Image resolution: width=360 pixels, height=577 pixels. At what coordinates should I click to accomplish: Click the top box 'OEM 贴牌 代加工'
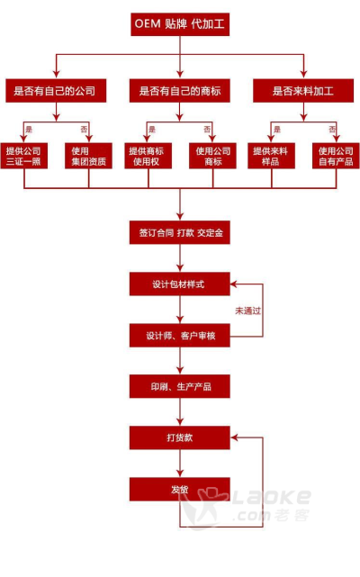click(180, 24)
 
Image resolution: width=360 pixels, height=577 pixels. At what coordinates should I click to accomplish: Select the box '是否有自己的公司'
click(56, 91)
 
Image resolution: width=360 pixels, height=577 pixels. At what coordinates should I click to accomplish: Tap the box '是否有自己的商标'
click(180, 91)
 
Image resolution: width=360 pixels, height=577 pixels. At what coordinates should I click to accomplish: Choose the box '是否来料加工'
click(303, 91)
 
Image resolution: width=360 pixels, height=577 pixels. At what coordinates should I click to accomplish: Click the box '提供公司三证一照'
click(24, 156)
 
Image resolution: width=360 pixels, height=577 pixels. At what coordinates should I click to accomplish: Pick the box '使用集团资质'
click(88, 156)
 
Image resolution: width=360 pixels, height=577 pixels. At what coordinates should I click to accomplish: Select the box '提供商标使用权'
click(148, 156)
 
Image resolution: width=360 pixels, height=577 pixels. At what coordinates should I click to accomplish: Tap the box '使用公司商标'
click(212, 156)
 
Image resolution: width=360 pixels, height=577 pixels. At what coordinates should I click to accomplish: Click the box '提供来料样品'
click(271, 156)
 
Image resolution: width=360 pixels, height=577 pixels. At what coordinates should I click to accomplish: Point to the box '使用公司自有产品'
click(336, 156)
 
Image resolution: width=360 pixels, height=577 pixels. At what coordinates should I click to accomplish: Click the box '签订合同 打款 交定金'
click(180, 232)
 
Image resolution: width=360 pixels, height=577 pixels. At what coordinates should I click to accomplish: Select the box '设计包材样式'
click(180, 284)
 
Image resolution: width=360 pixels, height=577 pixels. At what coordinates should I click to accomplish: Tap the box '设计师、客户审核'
click(180, 335)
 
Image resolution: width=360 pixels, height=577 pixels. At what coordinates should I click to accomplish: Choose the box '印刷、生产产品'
click(180, 386)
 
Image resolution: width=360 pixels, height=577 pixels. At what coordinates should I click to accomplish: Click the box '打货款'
click(180, 437)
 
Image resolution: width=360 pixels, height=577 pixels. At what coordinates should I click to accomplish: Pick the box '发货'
click(180, 489)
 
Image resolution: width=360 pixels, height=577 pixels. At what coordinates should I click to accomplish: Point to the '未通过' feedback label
click(248, 311)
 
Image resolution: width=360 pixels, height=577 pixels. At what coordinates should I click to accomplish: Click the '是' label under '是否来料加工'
click(277, 129)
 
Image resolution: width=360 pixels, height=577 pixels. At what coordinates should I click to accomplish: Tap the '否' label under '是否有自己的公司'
click(84, 129)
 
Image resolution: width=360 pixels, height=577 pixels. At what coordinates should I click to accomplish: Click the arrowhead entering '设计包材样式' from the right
click(234, 284)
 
